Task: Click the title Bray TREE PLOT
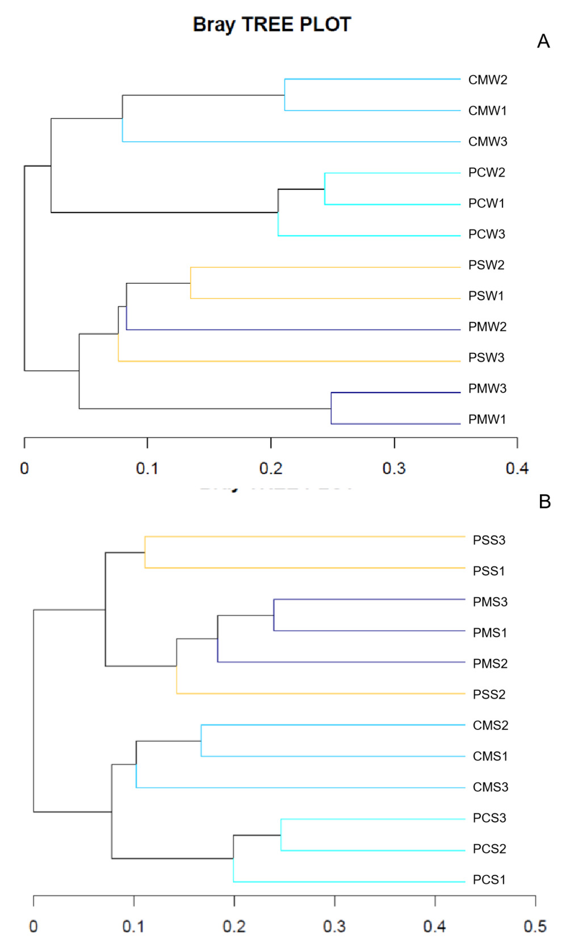(x=272, y=24)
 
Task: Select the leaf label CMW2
(x=487, y=80)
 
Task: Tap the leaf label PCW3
(x=487, y=234)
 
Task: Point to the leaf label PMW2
(x=487, y=327)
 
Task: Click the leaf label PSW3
(x=486, y=357)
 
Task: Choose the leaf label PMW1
(x=487, y=419)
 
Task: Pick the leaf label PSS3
(x=489, y=540)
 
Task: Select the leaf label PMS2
(x=490, y=664)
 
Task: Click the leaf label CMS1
(x=490, y=756)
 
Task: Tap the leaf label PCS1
(x=489, y=879)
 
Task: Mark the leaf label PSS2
(x=489, y=694)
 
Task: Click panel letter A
(x=543, y=41)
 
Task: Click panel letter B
(x=545, y=502)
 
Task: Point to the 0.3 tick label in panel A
(x=394, y=469)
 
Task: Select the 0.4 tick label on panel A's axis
(x=517, y=469)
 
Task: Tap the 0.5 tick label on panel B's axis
(x=535, y=927)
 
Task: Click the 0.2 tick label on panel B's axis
(x=234, y=927)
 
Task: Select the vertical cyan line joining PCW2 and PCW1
(x=325, y=189)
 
